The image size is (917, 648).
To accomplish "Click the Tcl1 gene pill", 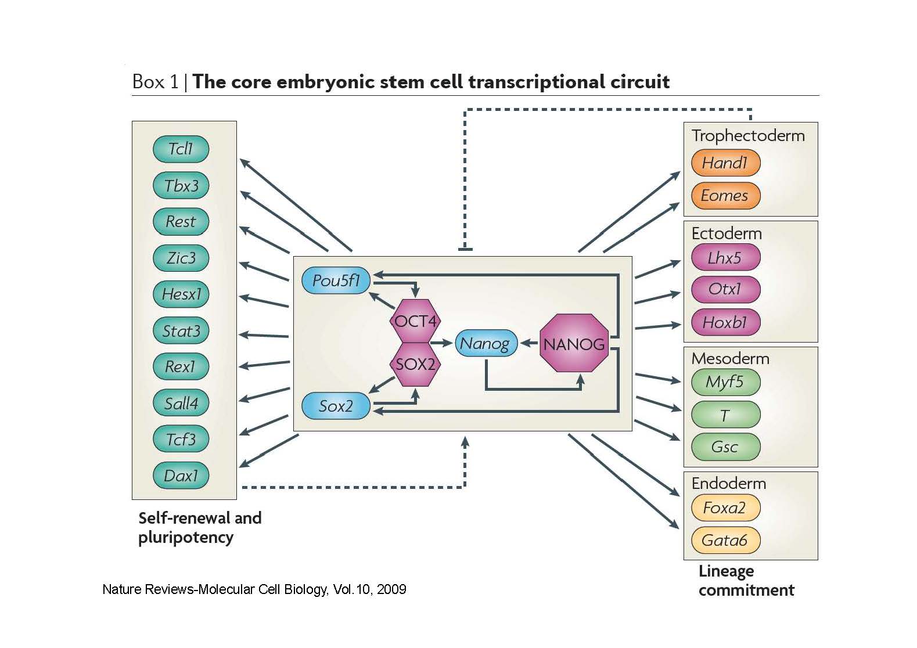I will (181, 149).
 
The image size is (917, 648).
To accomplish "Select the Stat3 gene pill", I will (181, 331).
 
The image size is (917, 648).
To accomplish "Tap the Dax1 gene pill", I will (181, 476).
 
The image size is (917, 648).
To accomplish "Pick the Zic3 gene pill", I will (181, 258).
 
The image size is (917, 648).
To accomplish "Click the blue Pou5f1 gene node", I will (336, 280).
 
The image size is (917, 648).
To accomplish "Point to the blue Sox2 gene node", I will (336, 406).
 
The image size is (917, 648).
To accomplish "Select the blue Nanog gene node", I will (485, 343).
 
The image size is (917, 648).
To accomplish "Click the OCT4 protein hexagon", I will (415, 321).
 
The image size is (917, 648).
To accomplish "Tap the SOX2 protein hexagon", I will (415, 364).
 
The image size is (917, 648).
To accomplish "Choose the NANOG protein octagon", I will (574, 344).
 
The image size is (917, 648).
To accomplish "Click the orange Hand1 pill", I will (725, 163).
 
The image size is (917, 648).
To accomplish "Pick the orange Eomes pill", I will (725, 196).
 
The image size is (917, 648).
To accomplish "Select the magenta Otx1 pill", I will (725, 289).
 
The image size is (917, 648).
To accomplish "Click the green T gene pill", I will (725, 415).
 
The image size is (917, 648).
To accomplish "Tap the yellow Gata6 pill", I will (725, 540).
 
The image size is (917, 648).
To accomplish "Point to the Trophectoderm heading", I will (748, 136).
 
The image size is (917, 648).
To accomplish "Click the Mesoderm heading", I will (730, 358).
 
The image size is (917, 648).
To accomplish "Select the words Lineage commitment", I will (746, 581).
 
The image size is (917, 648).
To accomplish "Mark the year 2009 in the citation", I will (391, 589).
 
